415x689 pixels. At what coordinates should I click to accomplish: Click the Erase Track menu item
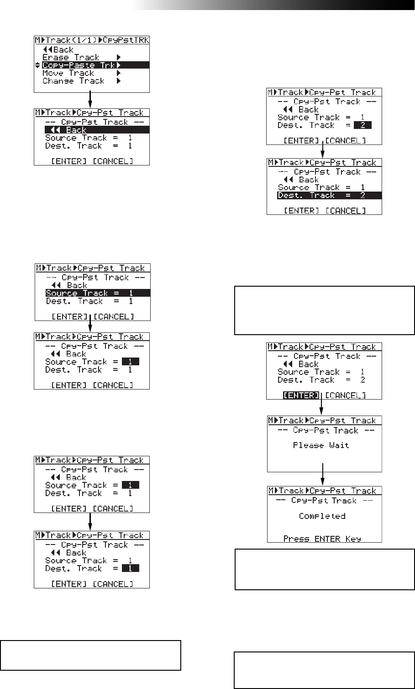click(x=70, y=58)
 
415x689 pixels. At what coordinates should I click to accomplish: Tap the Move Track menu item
click(x=68, y=73)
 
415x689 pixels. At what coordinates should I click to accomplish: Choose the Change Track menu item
click(x=73, y=81)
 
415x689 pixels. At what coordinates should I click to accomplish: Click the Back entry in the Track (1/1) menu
click(x=58, y=50)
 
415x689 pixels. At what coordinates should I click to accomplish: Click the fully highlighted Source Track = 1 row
click(x=92, y=293)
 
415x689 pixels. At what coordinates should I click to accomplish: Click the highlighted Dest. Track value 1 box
click(x=130, y=569)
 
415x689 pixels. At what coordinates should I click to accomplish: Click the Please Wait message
click(x=321, y=445)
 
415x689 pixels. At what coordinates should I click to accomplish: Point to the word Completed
click(x=322, y=516)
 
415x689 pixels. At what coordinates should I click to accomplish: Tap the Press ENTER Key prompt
click(x=322, y=539)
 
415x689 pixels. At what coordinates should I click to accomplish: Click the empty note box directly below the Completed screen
click(x=325, y=570)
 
